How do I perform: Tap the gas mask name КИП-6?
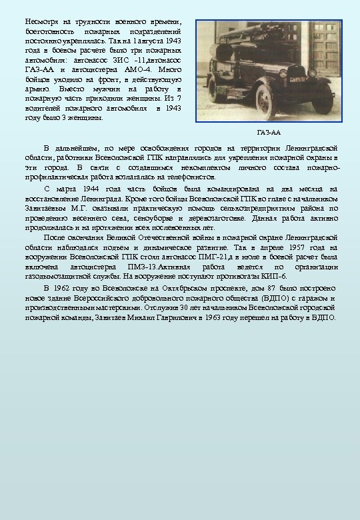275,275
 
